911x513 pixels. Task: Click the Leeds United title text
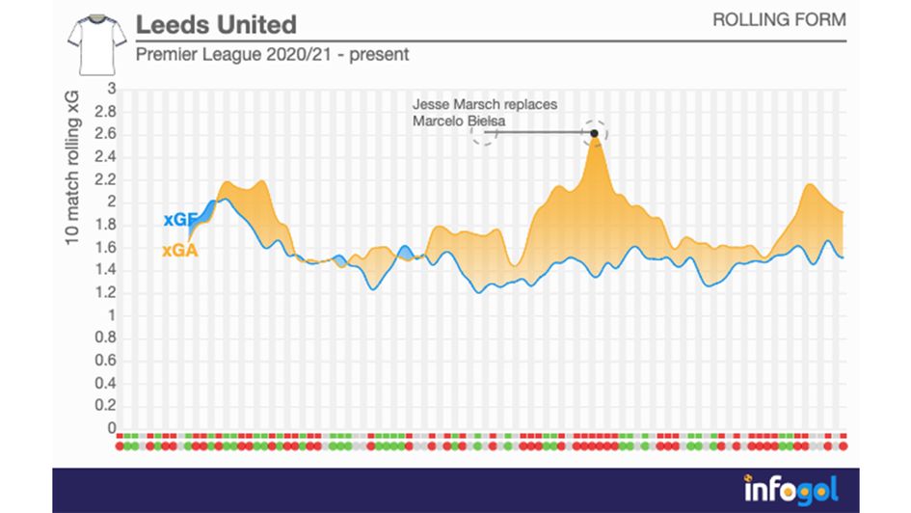click(216, 24)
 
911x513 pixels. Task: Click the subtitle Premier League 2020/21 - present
click(272, 55)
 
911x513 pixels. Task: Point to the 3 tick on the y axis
click(111, 89)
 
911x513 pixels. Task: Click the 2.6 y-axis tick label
click(105, 134)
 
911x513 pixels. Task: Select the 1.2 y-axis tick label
click(105, 293)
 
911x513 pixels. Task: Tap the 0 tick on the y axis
click(111, 429)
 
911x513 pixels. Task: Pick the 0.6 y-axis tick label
click(105, 362)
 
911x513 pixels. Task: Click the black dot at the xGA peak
click(595, 133)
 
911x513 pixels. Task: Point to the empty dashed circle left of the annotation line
click(484, 133)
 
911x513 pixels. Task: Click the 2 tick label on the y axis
click(111, 202)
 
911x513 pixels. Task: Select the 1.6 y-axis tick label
click(105, 248)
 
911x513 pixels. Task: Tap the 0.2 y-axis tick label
click(105, 407)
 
